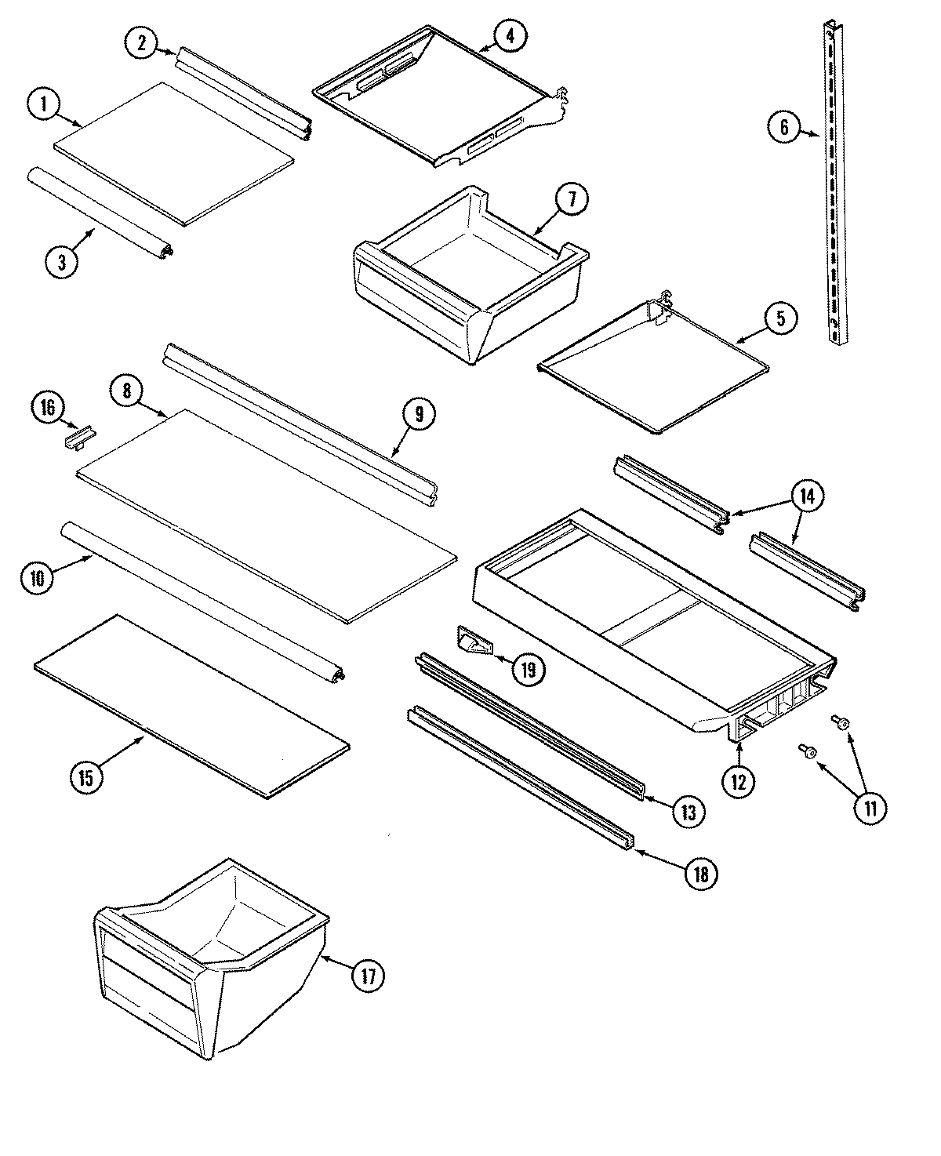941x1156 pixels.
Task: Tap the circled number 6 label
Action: pos(783,126)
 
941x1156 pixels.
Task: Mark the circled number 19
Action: pos(528,669)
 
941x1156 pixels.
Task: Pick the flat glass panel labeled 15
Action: pos(192,706)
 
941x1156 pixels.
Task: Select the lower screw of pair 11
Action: pos(807,752)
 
